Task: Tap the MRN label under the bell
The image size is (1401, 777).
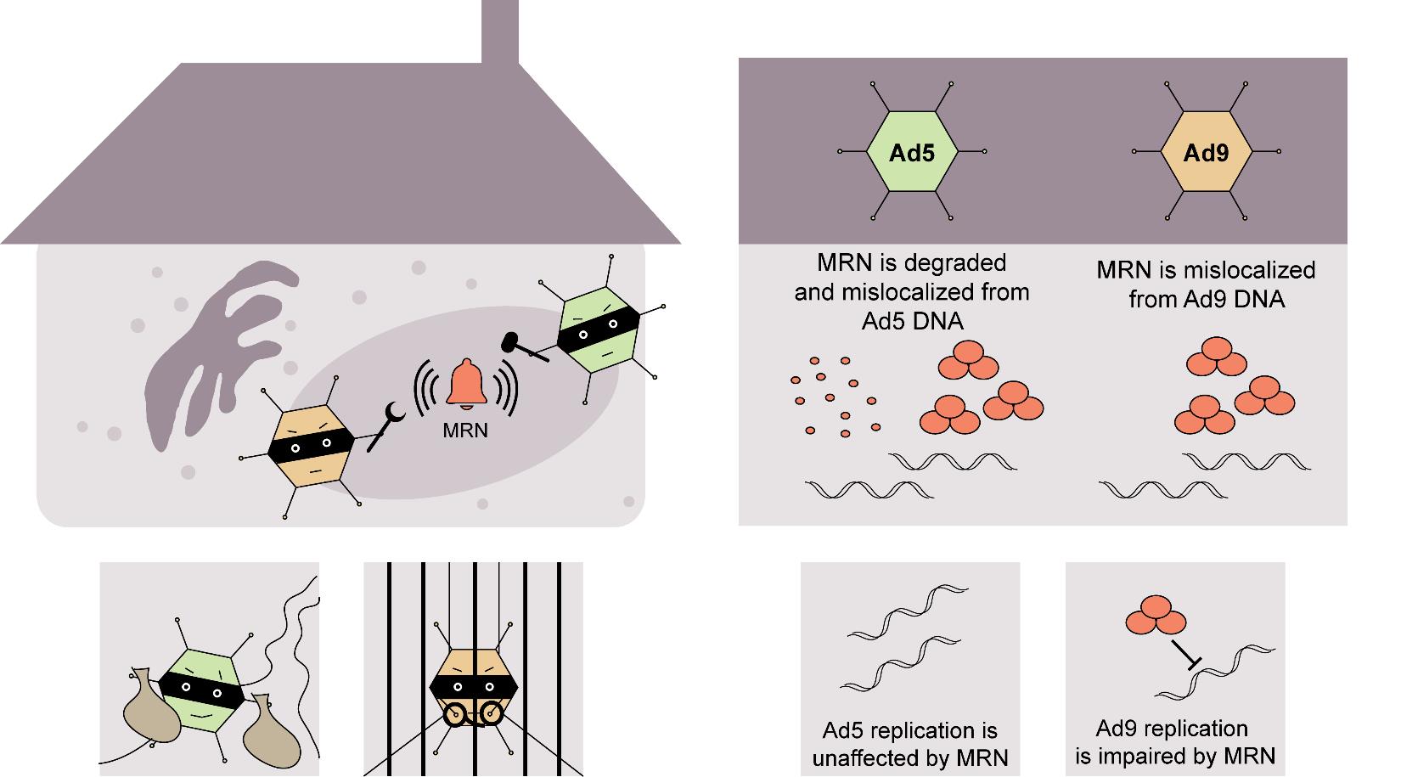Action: tap(465, 431)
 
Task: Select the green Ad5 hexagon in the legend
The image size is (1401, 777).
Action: tap(912, 152)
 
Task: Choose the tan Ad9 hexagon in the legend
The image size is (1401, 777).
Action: tap(1206, 152)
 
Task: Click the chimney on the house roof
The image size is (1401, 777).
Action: tap(500, 31)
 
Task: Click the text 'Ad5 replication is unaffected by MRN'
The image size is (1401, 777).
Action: tap(909, 743)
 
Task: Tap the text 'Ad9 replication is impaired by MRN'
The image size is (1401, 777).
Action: tap(1174, 741)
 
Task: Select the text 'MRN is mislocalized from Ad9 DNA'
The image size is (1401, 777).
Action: tap(1206, 284)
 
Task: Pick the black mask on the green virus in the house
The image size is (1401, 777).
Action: tap(598, 331)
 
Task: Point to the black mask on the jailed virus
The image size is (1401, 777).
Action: tap(474, 684)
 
